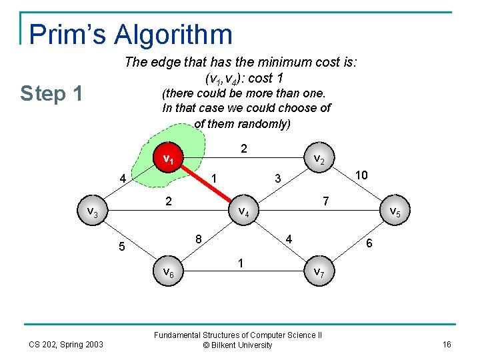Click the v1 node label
coord(169,160)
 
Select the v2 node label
coord(319,160)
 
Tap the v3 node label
coord(93,212)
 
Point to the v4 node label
coord(244,212)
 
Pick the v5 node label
coord(395,212)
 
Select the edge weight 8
coord(199,239)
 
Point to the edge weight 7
coord(324,201)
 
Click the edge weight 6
coord(369,245)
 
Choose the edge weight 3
coord(279,179)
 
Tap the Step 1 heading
coord(51,94)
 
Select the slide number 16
coord(446,344)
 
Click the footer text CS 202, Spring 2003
coord(66,344)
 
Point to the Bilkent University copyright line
coord(237,345)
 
